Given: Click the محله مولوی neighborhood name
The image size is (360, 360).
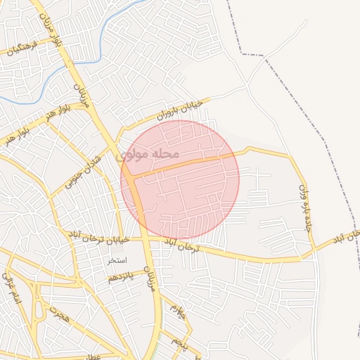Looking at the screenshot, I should [150, 153].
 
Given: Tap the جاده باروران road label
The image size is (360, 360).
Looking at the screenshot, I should [304, 208].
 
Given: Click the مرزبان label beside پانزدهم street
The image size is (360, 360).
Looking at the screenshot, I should [150, 278].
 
